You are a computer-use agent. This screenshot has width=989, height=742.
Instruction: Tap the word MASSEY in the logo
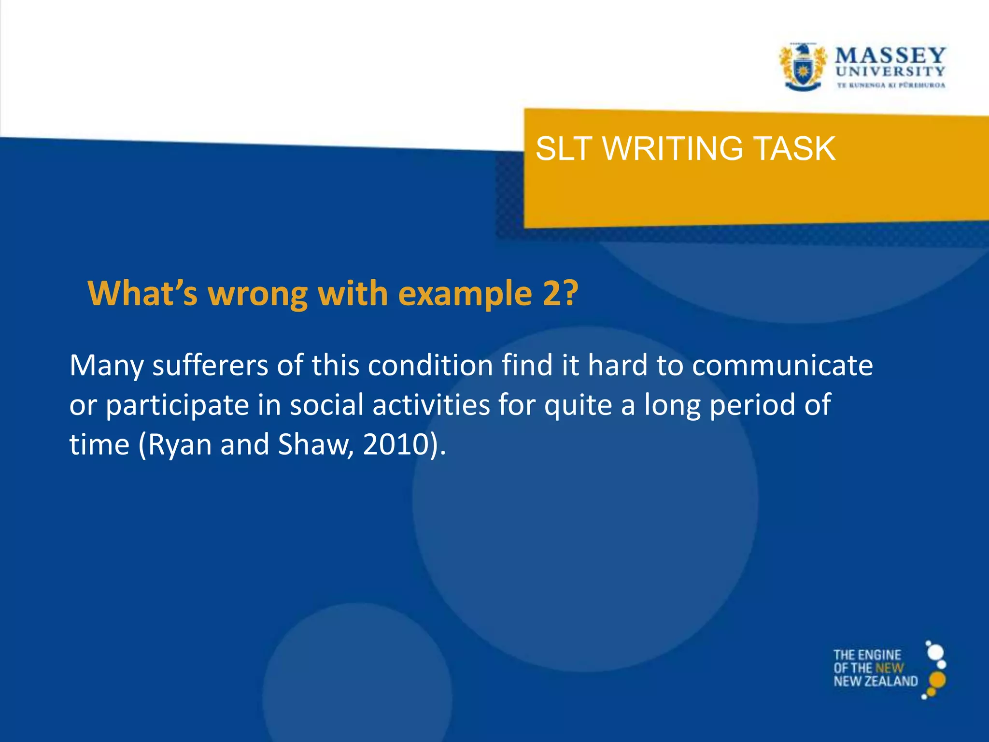click(890, 56)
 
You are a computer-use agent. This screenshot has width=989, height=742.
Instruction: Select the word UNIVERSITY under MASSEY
click(890, 71)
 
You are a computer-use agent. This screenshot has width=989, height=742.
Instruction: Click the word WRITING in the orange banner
click(673, 148)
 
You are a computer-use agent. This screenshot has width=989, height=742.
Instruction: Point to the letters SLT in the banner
click(564, 148)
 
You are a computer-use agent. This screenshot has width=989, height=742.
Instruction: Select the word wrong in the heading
click(258, 294)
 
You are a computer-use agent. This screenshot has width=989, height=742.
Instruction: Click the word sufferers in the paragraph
click(210, 365)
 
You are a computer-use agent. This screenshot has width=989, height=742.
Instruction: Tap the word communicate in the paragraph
click(782, 365)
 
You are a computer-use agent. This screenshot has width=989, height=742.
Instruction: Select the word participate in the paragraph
click(177, 405)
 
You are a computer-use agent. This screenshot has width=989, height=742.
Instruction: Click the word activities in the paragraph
click(431, 404)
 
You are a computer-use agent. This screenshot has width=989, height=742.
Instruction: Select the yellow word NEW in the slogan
click(890, 668)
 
